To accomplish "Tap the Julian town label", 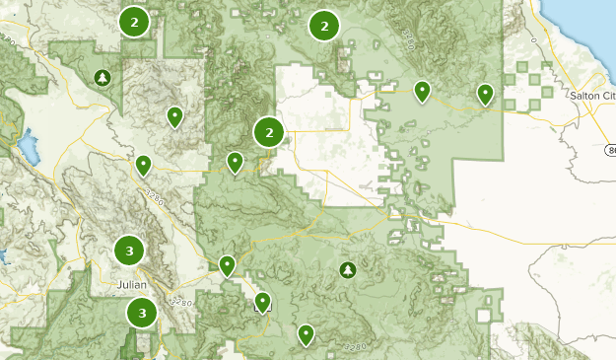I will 131,285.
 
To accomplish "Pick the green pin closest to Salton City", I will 485,94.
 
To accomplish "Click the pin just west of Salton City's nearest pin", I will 422,92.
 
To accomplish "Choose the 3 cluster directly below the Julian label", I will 143,314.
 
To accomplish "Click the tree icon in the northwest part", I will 103,77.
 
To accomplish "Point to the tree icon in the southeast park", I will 347,269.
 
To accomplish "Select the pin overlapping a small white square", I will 262,302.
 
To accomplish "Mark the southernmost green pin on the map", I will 307,334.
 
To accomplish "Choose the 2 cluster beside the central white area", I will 269,131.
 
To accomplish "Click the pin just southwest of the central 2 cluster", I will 235,161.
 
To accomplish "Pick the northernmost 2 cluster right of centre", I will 323,26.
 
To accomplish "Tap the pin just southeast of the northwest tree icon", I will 174,116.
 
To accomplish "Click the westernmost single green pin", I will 144,165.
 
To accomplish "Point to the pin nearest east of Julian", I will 228,264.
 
